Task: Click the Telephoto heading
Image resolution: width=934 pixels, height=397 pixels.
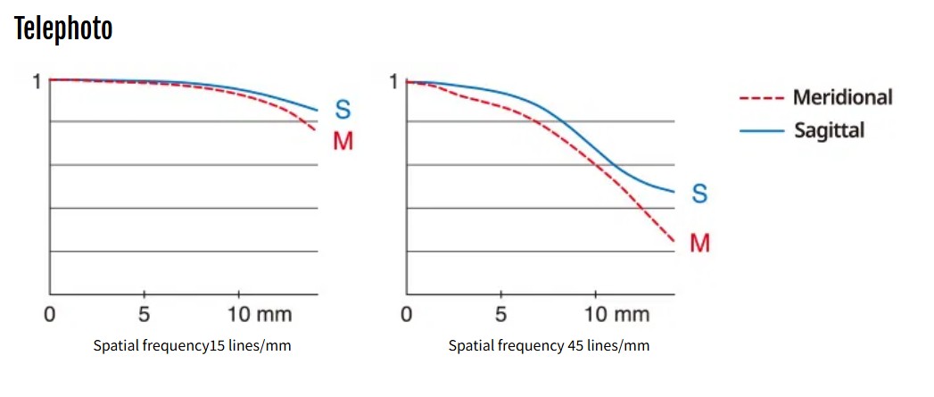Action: [63, 29]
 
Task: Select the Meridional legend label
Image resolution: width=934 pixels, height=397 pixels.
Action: [842, 97]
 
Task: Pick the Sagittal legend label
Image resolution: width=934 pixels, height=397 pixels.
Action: [829, 130]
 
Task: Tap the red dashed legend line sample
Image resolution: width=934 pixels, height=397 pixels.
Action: [761, 98]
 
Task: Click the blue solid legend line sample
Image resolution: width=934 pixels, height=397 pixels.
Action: [761, 131]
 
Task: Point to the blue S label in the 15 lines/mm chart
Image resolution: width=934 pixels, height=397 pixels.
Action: [343, 111]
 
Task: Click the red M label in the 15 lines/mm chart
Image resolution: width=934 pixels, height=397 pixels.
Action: [343, 141]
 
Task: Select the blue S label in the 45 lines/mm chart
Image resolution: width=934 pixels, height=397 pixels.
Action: [699, 194]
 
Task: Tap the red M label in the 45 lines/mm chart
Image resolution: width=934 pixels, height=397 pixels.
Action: [699, 242]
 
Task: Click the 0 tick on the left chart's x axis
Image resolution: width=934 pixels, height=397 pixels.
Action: [50, 314]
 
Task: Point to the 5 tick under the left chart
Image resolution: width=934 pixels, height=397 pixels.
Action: [144, 314]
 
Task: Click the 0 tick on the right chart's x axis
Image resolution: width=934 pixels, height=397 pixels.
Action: [407, 314]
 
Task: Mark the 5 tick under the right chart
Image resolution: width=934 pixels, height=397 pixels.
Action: [500, 314]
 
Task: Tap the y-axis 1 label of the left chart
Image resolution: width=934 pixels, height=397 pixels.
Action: [37, 82]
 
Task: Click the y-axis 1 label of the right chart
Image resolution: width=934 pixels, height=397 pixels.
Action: [393, 82]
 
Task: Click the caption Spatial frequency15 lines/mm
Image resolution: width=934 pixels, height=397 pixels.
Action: [192, 346]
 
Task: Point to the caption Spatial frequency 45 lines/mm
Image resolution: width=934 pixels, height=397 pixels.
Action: [549, 346]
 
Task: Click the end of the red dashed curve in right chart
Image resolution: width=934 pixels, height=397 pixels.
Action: [673, 241]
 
